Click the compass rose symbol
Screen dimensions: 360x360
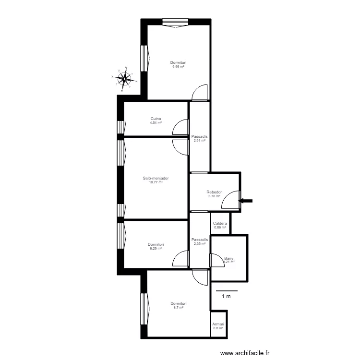click(124, 78)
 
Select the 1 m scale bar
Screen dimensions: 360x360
click(226, 291)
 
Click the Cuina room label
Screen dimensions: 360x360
click(156, 119)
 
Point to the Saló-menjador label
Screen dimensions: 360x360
click(156, 178)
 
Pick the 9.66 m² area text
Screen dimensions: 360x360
click(179, 67)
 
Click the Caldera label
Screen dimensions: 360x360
click(220, 223)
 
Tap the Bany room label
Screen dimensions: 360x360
click(229, 258)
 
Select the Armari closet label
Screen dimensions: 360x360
click(218, 324)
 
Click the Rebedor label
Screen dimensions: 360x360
click(214, 192)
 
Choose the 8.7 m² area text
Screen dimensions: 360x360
click(178, 307)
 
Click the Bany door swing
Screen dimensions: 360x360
click(216, 261)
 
